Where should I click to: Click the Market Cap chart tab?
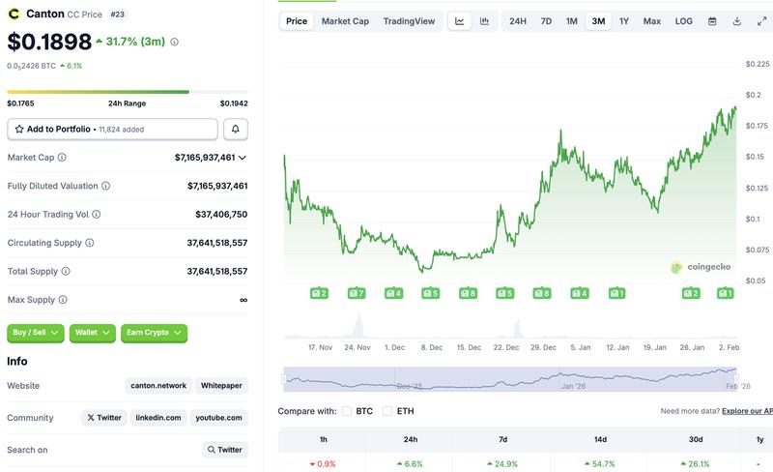pyautogui.click(x=345, y=21)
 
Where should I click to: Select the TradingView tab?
pyautogui.click(x=408, y=21)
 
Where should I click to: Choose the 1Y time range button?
pyautogui.click(x=624, y=21)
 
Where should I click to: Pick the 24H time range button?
pyautogui.click(x=518, y=21)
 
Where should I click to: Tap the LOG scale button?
pyautogui.click(x=683, y=21)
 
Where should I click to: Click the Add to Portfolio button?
pyautogui.click(x=112, y=129)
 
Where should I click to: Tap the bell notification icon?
pyautogui.click(x=236, y=129)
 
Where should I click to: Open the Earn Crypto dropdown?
pyautogui.click(x=154, y=333)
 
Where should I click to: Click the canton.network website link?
pyautogui.click(x=159, y=386)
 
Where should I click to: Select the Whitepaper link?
pyautogui.click(x=221, y=386)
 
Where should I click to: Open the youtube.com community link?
pyautogui.click(x=218, y=418)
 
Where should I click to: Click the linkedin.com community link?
pyautogui.click(x=158, y=418)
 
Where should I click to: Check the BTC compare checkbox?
pyautogui.click(x=347, y=411)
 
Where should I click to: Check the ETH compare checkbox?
pyautogui.click(x=388, y=411)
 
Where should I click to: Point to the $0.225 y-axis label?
pyautogui.click(x=757, y=65)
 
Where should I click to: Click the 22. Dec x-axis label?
pyautogui.click(x=506, y=346)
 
